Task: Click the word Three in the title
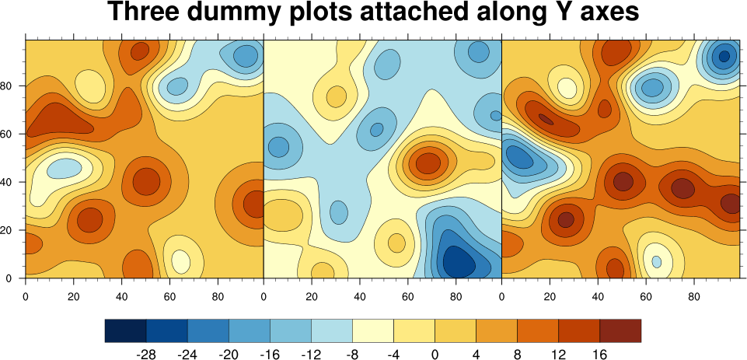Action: (x=145, y=13)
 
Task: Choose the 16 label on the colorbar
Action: (x=599, y=354)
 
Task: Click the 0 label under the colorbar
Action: (x=435, y=354)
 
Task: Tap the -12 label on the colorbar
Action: (x=311, y=354)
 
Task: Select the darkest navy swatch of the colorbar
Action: (x=126, y=330)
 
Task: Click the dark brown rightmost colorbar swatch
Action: (x=620, y=330)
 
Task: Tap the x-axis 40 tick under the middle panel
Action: (x=360, y=296)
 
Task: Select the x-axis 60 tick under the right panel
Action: (x=646, y=296)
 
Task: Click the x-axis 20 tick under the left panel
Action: (x=74, y=296)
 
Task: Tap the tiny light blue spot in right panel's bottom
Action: (x=657, y=261)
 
